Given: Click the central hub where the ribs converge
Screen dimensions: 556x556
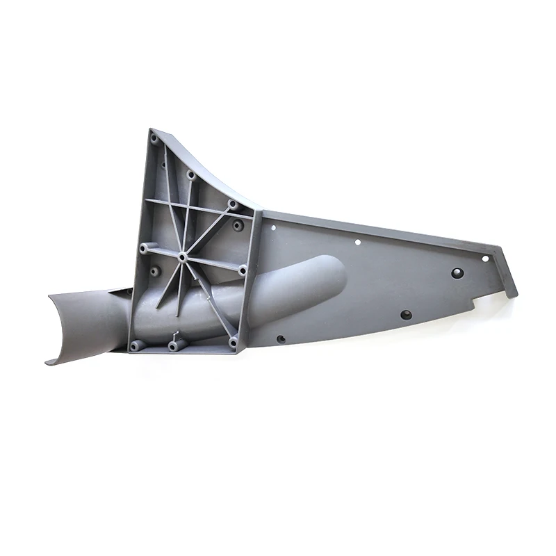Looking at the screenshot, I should click(182, 257).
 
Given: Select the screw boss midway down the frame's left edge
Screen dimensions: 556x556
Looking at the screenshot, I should click(144, 247).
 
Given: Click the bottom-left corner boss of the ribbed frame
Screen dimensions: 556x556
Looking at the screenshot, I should click(135, 344).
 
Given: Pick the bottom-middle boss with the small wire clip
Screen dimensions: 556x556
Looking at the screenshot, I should click(173, 344).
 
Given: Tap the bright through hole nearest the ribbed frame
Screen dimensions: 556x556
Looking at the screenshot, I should click(273, 227).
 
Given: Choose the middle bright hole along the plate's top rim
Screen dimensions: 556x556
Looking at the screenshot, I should click(357, 243).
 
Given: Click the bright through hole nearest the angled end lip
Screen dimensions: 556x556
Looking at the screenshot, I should click(485, 259).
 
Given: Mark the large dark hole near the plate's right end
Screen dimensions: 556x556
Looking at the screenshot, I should click(457, 272).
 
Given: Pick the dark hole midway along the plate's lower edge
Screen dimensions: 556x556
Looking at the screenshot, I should click(406, 315).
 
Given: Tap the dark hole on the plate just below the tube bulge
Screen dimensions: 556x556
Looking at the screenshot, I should click(281, 339).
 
